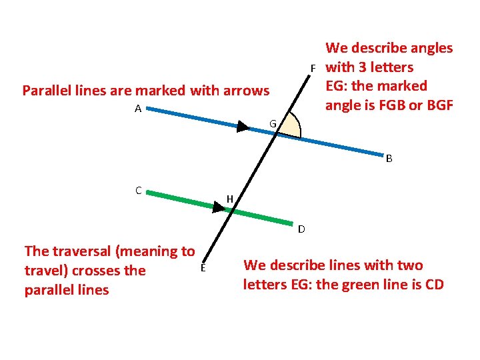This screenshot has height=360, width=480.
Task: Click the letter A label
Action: (137, 109)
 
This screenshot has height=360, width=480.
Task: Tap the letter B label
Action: (389, 159)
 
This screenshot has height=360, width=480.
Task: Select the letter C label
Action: (138, 191)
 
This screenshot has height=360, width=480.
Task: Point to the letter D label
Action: (301, 229)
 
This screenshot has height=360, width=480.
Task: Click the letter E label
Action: (203, 268)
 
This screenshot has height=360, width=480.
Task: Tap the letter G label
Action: (273, 123)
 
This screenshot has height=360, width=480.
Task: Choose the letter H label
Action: (229, 199)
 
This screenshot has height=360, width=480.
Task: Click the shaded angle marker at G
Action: (291, 127)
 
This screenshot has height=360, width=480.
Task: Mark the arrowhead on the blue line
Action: (243, 127)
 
